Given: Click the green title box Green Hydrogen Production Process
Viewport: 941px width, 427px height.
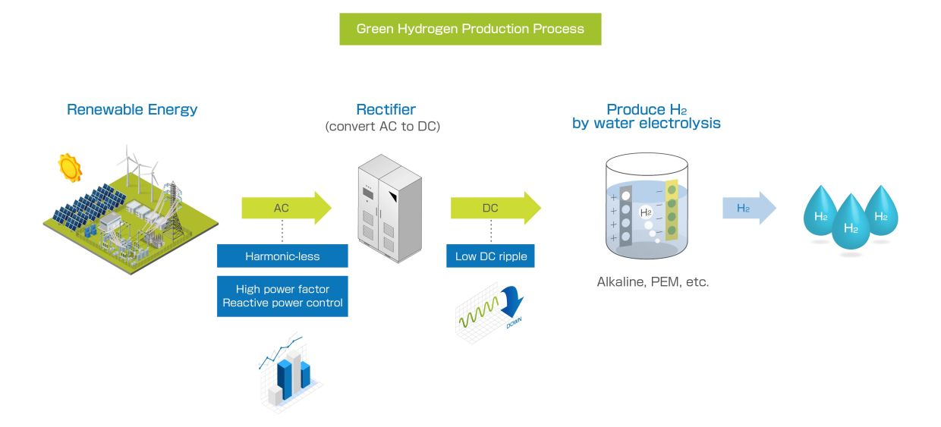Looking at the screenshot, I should point(470,29).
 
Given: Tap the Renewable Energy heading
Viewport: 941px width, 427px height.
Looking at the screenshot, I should point(132,109).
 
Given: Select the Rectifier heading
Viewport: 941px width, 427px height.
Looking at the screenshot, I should point(386,109).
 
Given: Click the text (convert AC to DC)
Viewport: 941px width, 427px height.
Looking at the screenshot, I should point(382,127).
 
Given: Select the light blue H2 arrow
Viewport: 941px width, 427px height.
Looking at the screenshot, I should point(748,208).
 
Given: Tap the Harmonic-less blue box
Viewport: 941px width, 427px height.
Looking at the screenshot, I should point(282,256).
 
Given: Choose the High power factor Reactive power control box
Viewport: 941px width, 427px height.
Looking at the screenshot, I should point(282,296).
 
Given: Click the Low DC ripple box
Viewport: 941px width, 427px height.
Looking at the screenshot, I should point(490,256).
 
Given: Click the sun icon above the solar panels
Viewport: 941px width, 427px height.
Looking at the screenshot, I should point(70,168).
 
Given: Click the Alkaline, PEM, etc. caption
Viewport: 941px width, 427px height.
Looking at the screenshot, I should point(653,282).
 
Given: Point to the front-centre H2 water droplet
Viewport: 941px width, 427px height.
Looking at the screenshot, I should point(850,224).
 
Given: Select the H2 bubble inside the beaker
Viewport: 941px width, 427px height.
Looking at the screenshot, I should point(646,212).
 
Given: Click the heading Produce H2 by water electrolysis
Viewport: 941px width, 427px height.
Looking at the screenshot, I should point(647,116).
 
